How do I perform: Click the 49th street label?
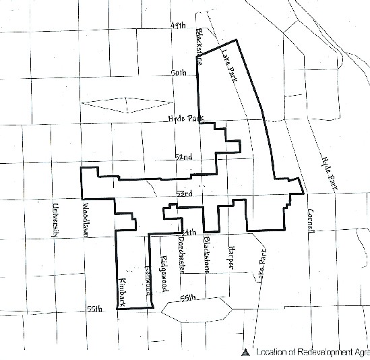pos(178,26)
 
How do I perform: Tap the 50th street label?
pos(180,72)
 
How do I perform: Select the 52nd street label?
pos(183,156)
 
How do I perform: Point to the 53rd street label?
pos(183,193)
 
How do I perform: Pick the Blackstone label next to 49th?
pos(200,46)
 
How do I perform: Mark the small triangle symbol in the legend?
pos(245,352)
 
